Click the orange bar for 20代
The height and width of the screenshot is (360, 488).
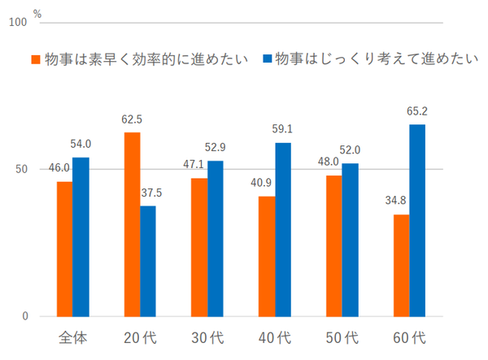click(132, 224)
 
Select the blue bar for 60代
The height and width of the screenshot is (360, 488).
click(417, 220)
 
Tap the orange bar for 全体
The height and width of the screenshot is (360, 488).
click(64, 249)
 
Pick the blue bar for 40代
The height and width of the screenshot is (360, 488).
click(283, 229)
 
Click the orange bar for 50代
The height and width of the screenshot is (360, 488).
click(333, 245)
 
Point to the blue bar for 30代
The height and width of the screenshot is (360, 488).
click(216, 239)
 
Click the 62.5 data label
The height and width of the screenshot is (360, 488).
click(133, 119)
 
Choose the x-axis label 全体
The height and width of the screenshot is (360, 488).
click(73, 336)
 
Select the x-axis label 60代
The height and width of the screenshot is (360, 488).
click(410, 336)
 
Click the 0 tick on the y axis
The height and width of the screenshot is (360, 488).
click(25, 316)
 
